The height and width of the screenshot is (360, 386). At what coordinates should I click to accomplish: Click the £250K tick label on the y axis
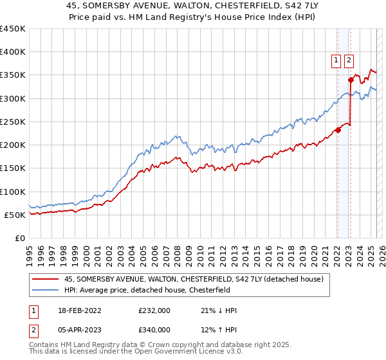click(x=12, y=122)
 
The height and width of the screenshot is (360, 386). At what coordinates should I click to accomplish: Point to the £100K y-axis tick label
click(x=12, y=192)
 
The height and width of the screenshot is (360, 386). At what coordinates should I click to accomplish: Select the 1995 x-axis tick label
click(x=30, y=251)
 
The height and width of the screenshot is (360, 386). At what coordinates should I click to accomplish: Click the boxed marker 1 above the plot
click(x=336, y=61)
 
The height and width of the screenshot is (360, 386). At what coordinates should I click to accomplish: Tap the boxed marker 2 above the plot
click(x=349, y=61)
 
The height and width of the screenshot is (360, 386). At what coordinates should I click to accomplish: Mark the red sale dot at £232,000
click(x=338, y=130)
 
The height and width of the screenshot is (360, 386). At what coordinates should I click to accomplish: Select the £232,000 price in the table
click(x=154, y=310)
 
